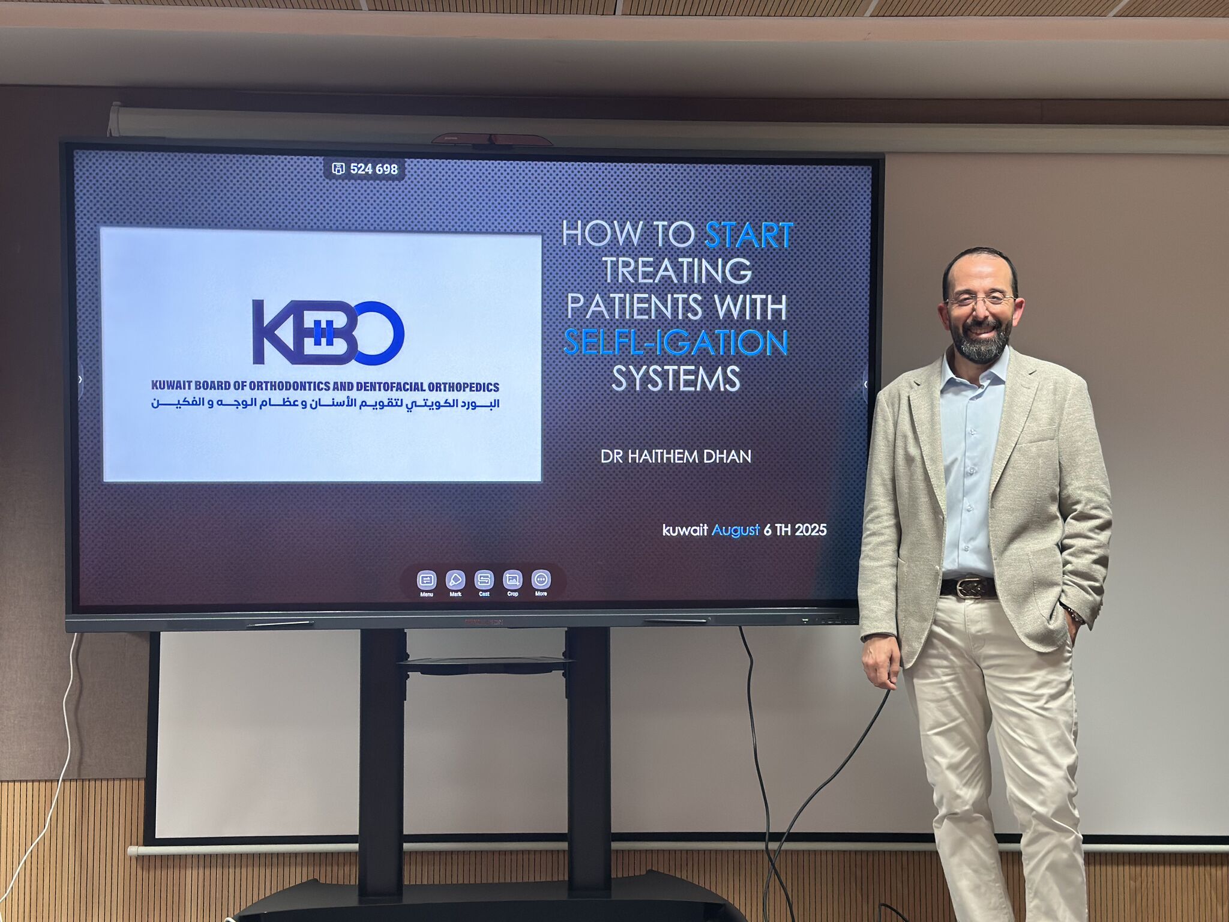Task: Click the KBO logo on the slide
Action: [x=328, y=333]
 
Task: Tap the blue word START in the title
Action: [x=749, y=235]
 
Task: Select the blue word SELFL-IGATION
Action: [x=676, y=342]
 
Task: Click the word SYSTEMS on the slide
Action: [x=676, y=378]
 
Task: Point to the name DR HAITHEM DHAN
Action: [x=676, y=456]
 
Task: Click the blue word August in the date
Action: [x=736, y=530]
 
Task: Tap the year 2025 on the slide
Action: [x=811, y=529]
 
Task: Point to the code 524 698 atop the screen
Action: [x=373, y=169]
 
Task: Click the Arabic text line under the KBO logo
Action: [x=325, y=403]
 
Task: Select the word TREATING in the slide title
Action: [x=677, y=270]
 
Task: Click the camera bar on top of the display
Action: [x=492, y=139]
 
